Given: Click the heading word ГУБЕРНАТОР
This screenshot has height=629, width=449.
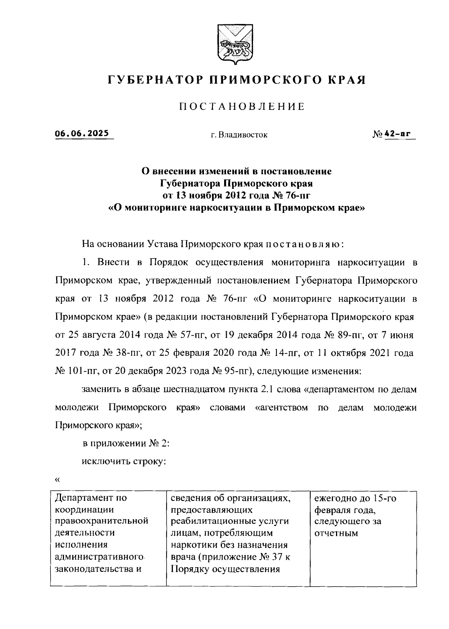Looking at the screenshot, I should [x=152, y=80].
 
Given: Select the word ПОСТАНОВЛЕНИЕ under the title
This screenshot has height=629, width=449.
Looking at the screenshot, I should [x=242, y=107].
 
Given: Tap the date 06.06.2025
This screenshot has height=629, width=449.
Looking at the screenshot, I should [x=82, y=134].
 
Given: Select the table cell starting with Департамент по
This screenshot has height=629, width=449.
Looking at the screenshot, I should [x=108, y=538].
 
